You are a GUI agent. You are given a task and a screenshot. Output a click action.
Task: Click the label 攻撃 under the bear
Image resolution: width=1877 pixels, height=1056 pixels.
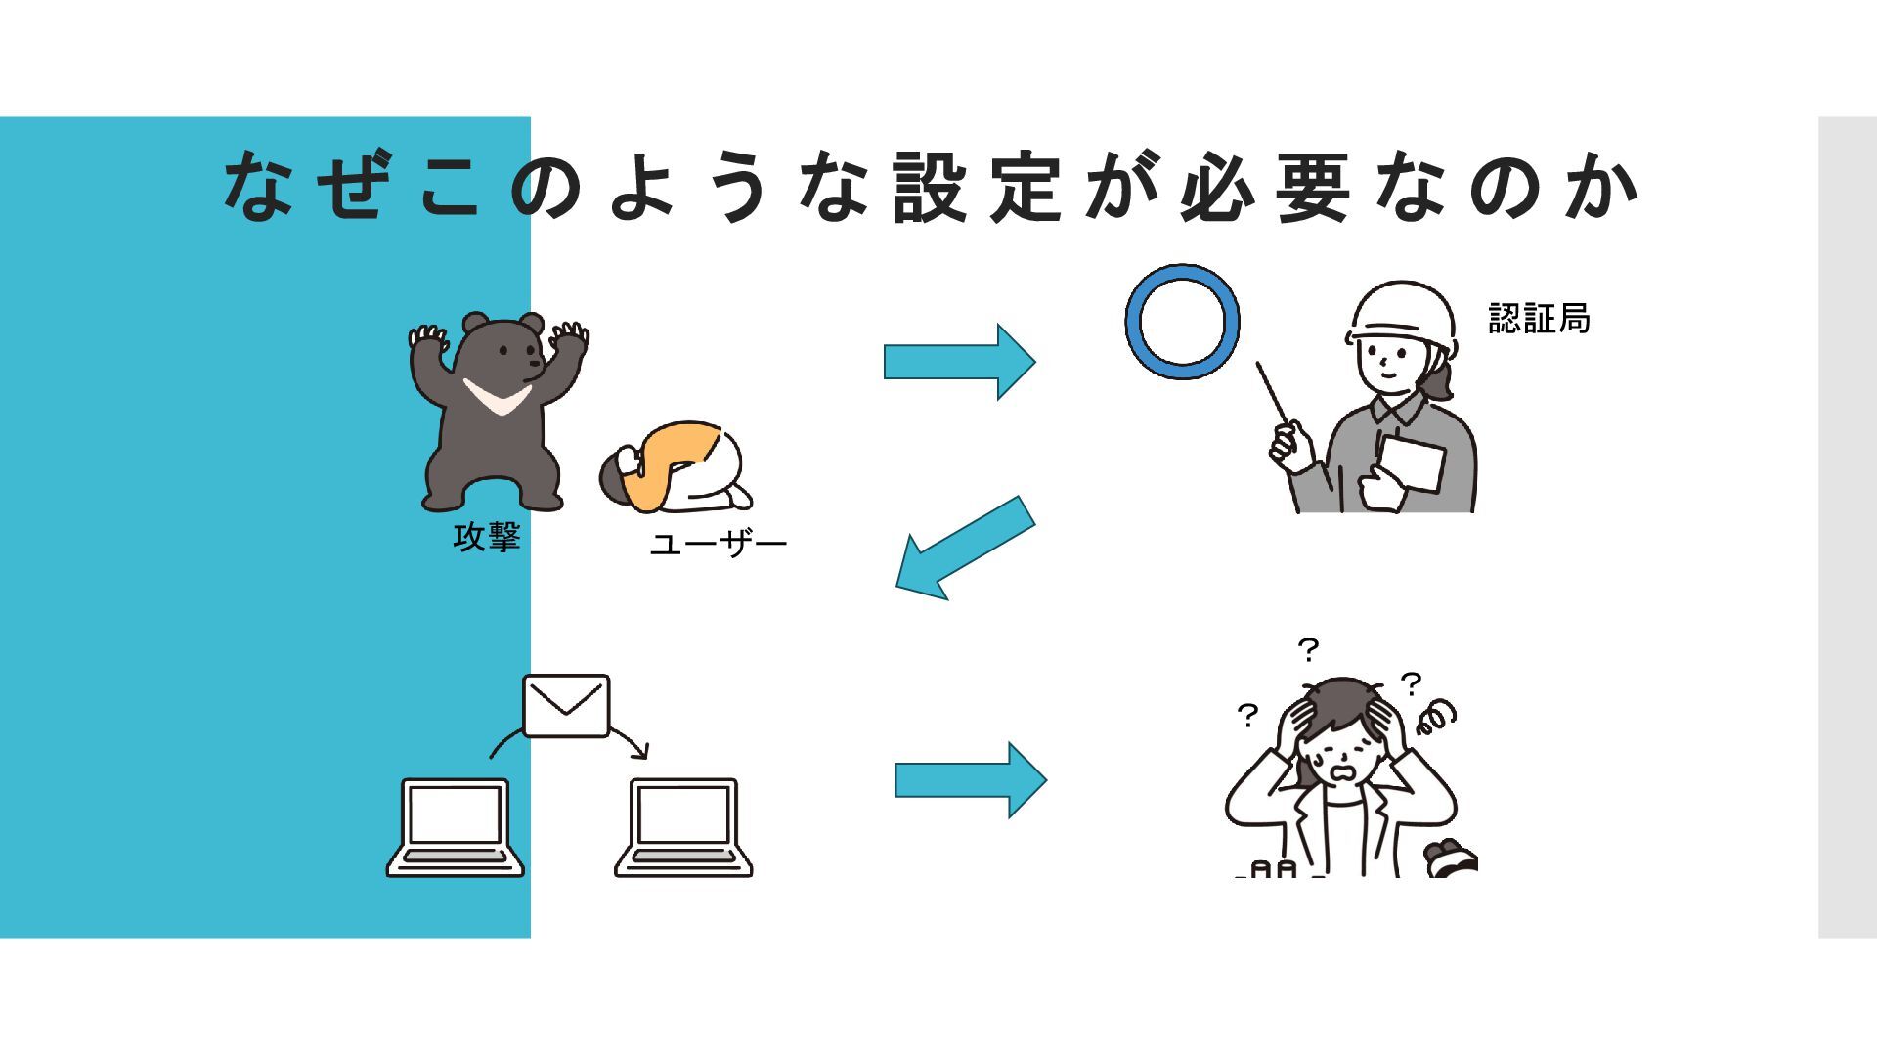486,537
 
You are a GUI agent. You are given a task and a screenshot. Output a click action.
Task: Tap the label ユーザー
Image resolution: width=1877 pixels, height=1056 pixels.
719,544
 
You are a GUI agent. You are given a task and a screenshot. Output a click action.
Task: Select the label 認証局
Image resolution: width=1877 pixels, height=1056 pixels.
1539,319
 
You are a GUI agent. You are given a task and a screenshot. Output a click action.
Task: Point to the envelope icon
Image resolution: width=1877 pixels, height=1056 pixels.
566,705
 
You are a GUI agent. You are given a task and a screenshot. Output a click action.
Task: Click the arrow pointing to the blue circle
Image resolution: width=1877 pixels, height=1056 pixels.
958,362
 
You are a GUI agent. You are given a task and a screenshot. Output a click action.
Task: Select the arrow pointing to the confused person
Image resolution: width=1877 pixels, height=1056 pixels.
970,780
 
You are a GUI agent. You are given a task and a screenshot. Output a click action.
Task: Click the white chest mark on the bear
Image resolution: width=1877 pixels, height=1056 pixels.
497,396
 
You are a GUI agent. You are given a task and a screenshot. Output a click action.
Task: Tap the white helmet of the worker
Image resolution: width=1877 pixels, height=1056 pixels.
1401,309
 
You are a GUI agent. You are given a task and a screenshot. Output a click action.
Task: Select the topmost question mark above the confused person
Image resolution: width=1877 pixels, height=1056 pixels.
1308,649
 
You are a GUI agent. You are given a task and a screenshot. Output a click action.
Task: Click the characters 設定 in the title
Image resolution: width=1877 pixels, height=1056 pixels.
977,187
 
